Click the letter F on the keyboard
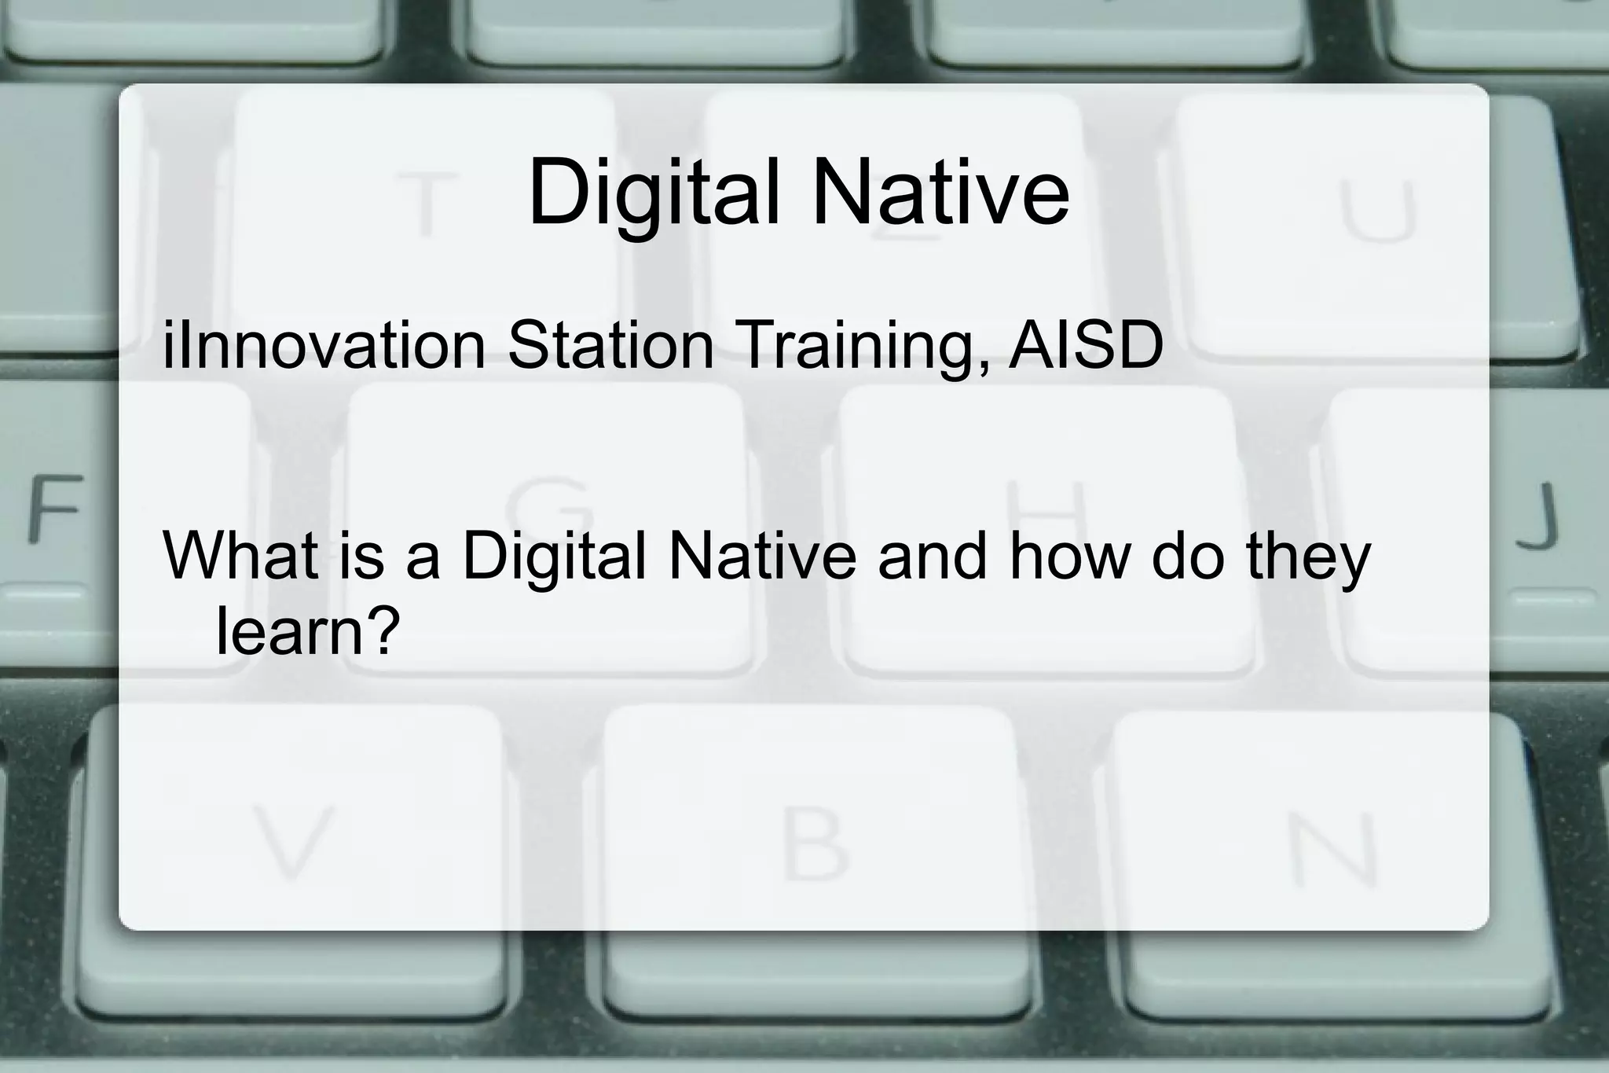coord(54,509)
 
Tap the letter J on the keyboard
coord(1537,515)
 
